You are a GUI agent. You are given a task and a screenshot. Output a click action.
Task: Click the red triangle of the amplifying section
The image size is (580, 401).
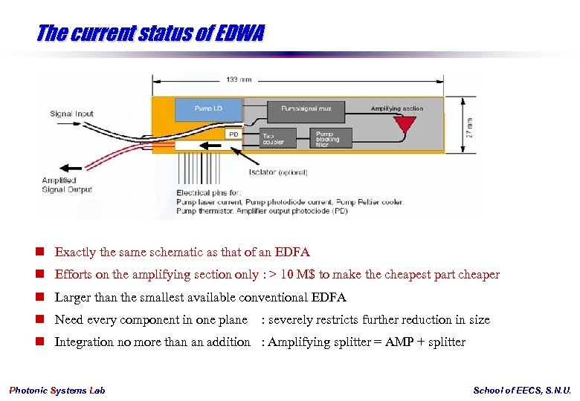405,125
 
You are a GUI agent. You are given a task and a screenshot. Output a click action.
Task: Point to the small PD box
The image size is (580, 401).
234,134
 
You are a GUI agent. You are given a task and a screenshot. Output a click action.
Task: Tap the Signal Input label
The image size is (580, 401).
72,114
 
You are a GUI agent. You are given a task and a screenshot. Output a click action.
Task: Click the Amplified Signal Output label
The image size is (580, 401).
67,185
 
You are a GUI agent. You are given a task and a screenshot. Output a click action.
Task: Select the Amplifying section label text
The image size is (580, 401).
397,108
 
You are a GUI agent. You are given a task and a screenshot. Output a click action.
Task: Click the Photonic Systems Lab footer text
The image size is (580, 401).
57,391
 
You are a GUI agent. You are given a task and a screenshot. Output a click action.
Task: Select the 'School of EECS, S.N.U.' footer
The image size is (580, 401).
522,391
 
